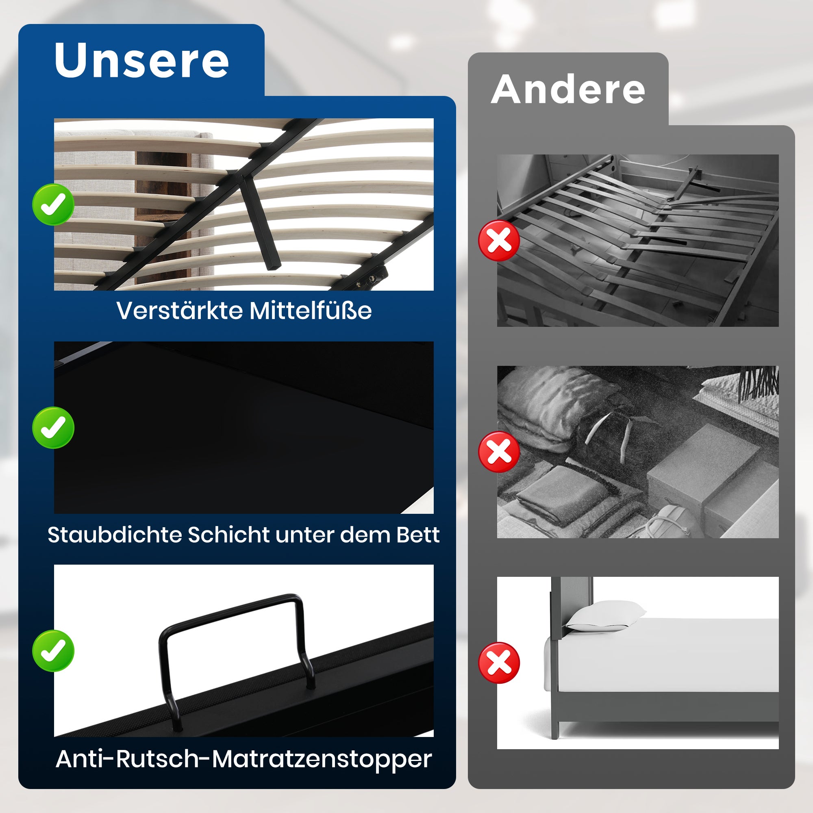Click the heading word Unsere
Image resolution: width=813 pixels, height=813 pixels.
[x=141, y=60]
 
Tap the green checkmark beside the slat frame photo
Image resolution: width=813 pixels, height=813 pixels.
[x=53, y=204]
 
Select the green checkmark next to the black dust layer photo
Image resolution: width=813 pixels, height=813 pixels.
[x=53, y=428]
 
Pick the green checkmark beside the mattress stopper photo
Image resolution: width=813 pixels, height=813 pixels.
[x=53, y=650]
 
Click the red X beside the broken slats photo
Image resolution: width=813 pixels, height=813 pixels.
[x=499, y=241]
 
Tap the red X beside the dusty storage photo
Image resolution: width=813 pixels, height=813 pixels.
[x=499, y=452]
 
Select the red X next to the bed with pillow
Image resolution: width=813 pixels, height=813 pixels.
[x=499, y=663]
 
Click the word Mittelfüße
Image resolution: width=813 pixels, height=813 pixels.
[x=310, y=311]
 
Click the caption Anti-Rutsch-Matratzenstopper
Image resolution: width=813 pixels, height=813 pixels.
[x=243, y=759]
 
